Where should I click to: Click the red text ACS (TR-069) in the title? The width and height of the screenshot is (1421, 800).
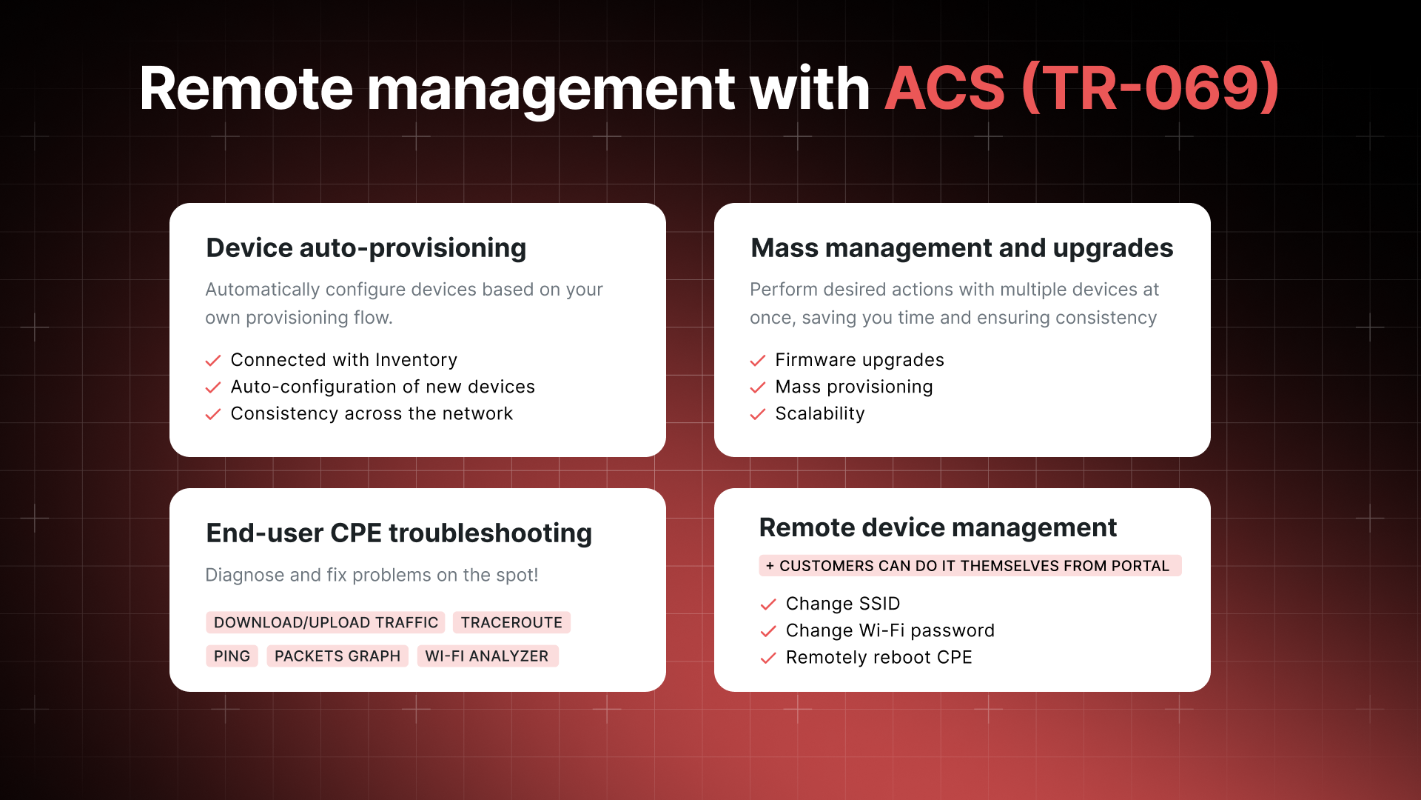1082,89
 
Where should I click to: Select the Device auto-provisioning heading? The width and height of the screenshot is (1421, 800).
366,248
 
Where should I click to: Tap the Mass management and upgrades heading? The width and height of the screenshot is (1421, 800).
962,248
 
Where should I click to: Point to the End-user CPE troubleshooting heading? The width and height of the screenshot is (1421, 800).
399,533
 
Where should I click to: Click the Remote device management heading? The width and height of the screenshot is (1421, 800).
938,527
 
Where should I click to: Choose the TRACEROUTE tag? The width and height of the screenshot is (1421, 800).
511,622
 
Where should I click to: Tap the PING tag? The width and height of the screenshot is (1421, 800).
232,656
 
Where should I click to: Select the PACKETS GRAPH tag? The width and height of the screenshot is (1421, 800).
337,656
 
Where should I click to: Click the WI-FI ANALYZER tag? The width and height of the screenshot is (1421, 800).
487,656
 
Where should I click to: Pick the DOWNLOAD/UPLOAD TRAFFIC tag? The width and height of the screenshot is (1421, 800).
326,622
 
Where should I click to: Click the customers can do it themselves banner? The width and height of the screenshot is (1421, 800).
970,565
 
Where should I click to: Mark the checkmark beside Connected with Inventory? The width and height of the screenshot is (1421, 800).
213,361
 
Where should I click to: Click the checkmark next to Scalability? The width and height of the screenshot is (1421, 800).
758,414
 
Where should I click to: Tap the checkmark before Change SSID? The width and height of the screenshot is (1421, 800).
768,604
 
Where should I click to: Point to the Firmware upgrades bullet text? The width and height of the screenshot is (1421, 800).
860,360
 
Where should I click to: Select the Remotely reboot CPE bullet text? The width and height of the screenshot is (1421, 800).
879,657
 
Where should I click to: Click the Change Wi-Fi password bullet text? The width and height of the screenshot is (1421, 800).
890,630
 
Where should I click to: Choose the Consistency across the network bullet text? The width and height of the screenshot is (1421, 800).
372,413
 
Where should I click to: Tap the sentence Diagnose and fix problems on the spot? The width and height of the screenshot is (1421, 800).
372,575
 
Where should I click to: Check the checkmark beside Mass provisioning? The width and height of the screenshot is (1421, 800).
758,387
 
